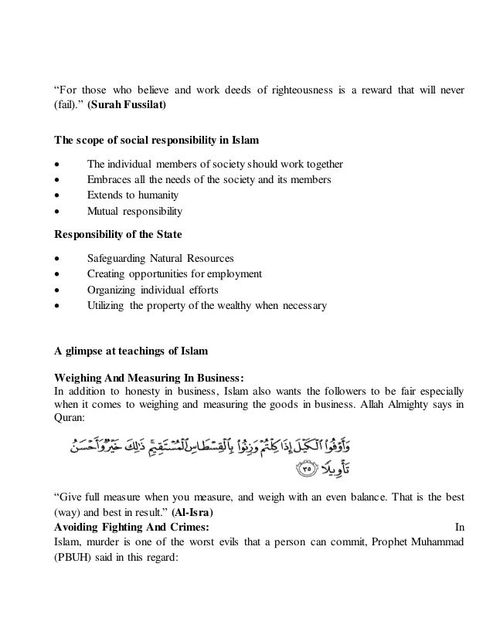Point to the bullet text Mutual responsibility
point(134,211)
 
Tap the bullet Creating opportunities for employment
point(174,273)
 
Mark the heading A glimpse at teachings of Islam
point(130,351)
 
